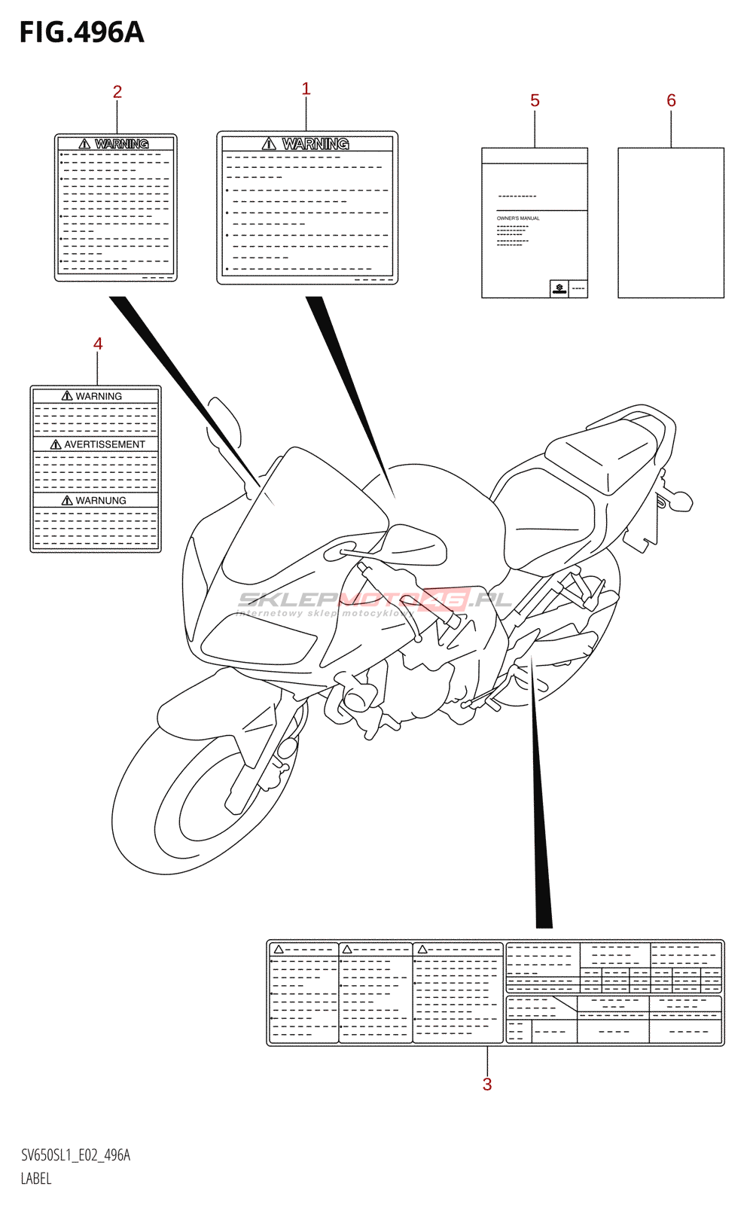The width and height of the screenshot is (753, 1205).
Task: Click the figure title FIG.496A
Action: [81, 32]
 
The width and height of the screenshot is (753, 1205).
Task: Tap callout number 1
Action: [306, 89]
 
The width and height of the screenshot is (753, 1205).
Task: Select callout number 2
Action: [117, 92]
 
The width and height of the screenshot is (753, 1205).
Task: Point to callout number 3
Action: [487, 1084]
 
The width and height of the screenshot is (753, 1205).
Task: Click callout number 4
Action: [98, 343]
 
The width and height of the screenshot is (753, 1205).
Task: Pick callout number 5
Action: [535, 100]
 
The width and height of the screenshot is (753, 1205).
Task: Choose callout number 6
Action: [671, 100]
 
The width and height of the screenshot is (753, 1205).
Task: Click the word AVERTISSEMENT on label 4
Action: [104, 444]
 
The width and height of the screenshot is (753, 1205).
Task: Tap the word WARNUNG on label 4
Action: [100, 500]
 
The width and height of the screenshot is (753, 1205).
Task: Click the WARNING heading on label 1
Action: [315, 143]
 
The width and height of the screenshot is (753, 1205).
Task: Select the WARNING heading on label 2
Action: [121, 143]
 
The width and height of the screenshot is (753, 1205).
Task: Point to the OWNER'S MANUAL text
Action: [518, 218]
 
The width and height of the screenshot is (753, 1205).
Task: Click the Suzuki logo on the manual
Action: [559, 288]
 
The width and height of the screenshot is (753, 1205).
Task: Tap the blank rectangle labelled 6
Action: [671, 223]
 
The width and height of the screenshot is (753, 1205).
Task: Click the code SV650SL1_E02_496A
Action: [75, 1155]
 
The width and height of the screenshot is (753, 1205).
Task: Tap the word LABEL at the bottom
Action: [36, 1179]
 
